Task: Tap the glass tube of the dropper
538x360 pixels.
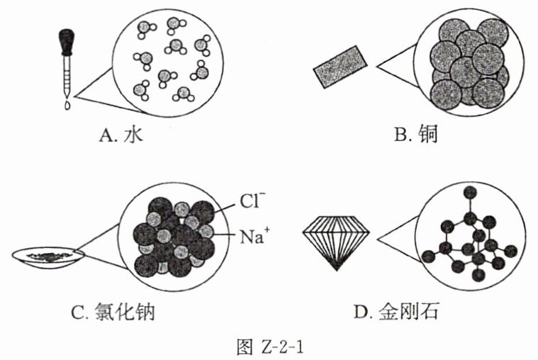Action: click(x=67, y=74)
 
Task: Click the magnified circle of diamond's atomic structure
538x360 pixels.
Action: click(x=469, y=237)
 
